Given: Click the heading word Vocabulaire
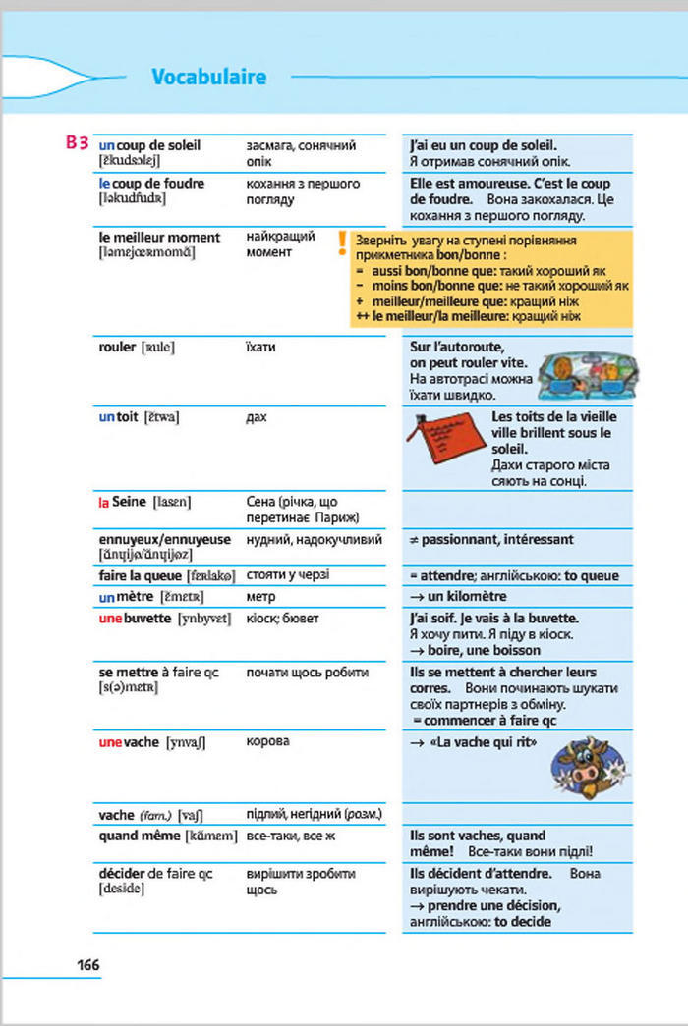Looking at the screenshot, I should pyautogui.click(x=209, y=77).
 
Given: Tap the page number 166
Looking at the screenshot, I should pyautogui.click(x=88, y=965).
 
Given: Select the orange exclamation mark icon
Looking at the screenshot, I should pyautogui.click(x=341, y=242).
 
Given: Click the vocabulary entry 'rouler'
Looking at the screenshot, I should pyautogui.click(x=118, y=347).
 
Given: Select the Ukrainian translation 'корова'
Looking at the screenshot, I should pyautogui.click(x=267, y=741).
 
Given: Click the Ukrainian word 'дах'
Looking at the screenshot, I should pyautogui.click(x=257, y=417).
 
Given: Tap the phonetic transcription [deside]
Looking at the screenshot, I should pyautogui.click(x=122, y=889).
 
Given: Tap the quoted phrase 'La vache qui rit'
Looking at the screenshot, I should pyautogui.click(x=484, y=743).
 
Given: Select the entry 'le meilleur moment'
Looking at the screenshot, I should pyautogui.click(x=159, y=237).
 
